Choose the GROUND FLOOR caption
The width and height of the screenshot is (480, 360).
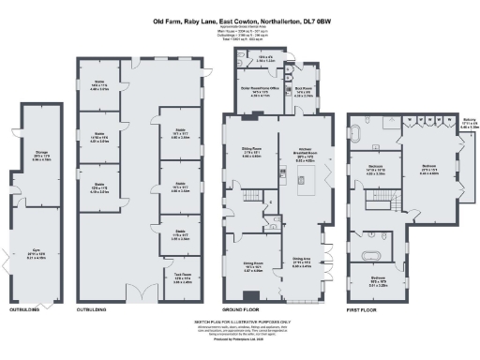240,307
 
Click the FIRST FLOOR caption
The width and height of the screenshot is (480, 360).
363,307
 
